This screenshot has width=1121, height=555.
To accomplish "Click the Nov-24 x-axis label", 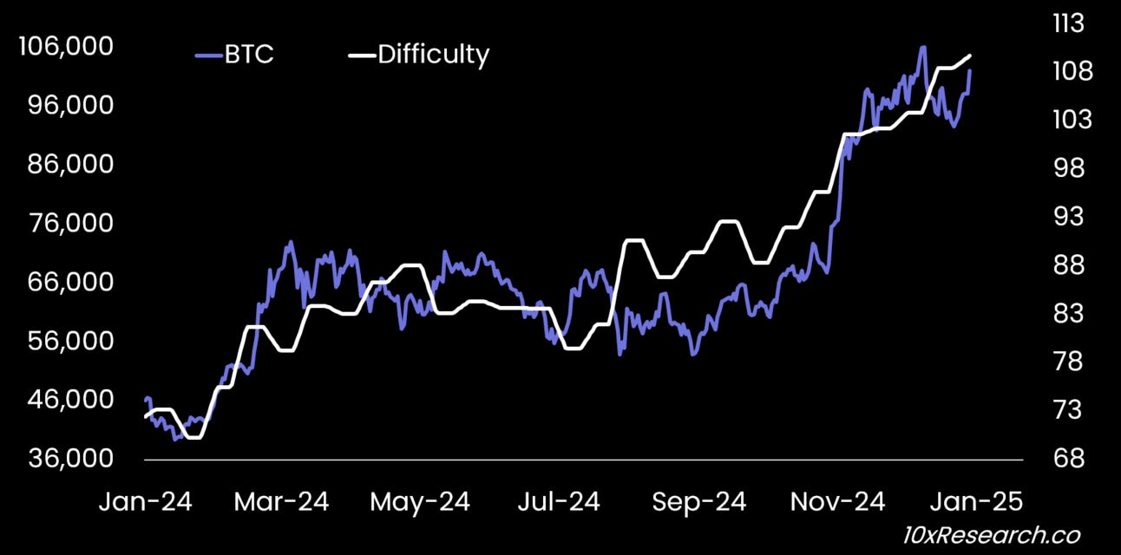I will [838, 502].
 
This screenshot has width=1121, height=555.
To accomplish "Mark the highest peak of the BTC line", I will [922, 47].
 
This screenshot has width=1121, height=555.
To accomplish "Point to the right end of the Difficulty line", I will [969, 55].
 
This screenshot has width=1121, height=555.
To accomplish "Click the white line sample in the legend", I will [361, 55].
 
